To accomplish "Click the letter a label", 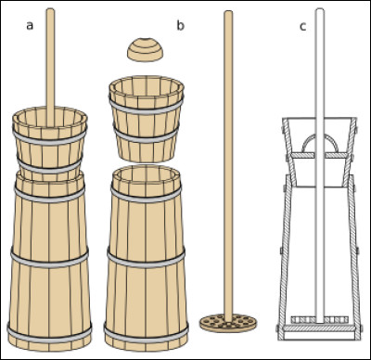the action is click(x=30, y=26).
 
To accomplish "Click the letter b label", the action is click(x=180, y=25).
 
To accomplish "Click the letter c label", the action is click(x=302, y=27).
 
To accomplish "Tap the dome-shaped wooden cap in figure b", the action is click(x=145, y=49).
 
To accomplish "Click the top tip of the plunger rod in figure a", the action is click(x=50, y=9).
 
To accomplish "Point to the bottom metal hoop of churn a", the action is click(x=49, y=335).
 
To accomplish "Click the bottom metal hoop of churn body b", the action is click(x=146, y=336).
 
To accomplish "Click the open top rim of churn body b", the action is click(x=146, y=175).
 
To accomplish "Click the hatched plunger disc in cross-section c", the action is click(x=320, y=320).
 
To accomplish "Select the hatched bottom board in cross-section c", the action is click(x=320, y=328).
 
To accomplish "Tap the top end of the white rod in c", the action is click(x=320, y=10).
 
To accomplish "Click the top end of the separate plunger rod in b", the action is click(x=228, y=12).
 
